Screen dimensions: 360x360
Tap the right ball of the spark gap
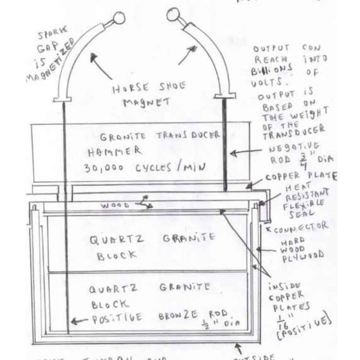click(x=173, y=15)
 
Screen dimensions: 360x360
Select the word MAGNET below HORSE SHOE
click(x=139, y=103)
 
